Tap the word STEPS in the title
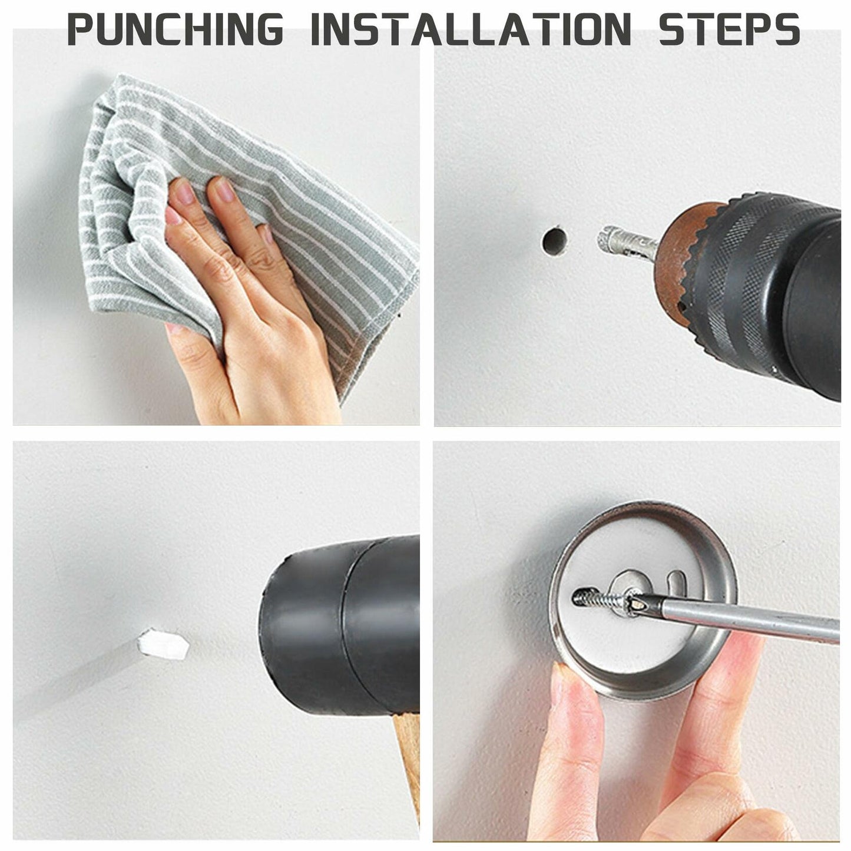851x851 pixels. (729, 28)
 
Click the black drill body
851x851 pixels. (783, 294)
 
